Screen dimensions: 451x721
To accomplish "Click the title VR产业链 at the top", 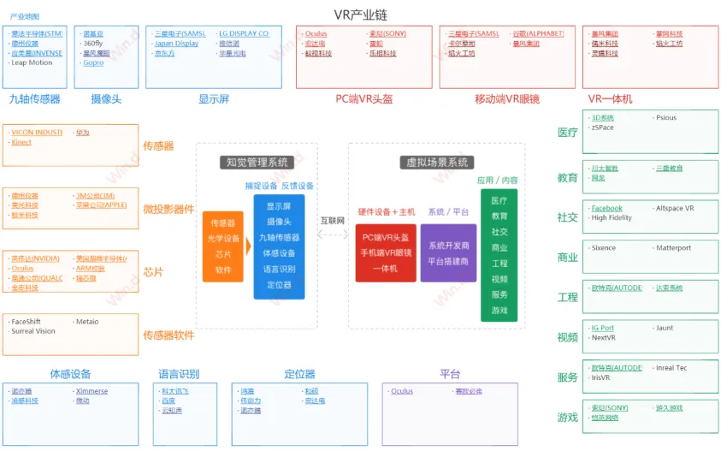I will (x=359, y=14).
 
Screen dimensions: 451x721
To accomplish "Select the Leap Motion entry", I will (x=33, y=62).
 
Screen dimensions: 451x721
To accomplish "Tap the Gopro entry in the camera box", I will (x=93, y=62).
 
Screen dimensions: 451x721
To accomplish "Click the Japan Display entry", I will (x=176, y=44).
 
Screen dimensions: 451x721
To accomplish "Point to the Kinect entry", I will (x=21, y=142).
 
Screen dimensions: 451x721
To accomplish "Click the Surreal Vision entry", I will (x=33, y=331).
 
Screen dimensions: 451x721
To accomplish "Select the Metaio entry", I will (x=87, y=322).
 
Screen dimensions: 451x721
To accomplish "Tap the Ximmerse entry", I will (x=92, y=391).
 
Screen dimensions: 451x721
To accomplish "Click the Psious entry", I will (x=665, y=118).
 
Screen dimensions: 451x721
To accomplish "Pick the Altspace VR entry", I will (x=675, y=208).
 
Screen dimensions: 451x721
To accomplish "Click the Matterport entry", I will (x=673, y=248).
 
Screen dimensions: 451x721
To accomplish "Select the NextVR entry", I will (x=604, y=337).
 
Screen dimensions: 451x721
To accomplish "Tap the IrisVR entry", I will (x=601, y=377).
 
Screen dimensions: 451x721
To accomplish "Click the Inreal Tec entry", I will (x=671, y=368).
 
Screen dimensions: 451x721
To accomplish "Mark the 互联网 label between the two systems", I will (x=333, y=221).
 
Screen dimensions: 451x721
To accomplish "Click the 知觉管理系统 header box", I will (x=257, y=162).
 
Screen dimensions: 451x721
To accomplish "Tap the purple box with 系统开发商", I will (x=448, y=252).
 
